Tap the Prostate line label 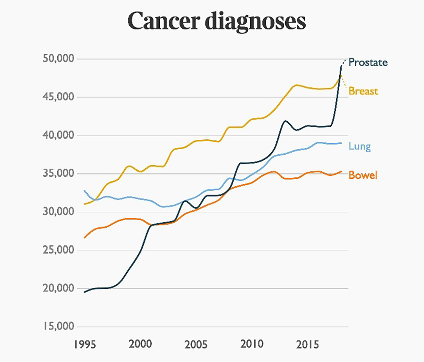368,63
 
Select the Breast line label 363,91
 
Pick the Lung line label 360,147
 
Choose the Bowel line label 363,175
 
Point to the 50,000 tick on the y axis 59,58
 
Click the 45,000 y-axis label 59,97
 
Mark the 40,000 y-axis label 59,135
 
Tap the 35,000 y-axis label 59,173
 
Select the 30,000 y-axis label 59,212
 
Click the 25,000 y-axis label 59,250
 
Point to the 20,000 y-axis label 59,288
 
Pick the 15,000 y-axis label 59,326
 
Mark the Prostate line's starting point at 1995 84,292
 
